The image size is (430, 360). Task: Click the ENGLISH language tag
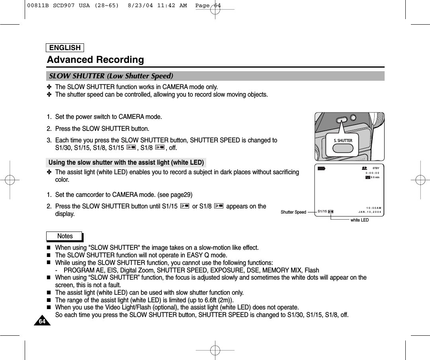click(65, 48)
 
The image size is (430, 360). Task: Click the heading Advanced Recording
click(96, 60)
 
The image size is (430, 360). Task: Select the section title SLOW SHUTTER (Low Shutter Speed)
click(111, 76)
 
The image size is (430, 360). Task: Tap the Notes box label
click(64, 236)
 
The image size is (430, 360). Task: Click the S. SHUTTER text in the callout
click(343, 140)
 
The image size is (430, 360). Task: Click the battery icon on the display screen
click(321, 168)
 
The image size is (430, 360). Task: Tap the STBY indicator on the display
click(375, 168)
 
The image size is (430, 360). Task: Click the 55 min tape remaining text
click(375, 177)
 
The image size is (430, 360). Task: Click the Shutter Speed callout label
click(293, 212)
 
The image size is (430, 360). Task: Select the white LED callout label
click(360, 220)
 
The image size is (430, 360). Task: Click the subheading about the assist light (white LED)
click(126, 162)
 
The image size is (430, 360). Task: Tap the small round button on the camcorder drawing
click(353, 118)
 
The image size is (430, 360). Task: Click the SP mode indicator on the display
click(364, 168)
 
